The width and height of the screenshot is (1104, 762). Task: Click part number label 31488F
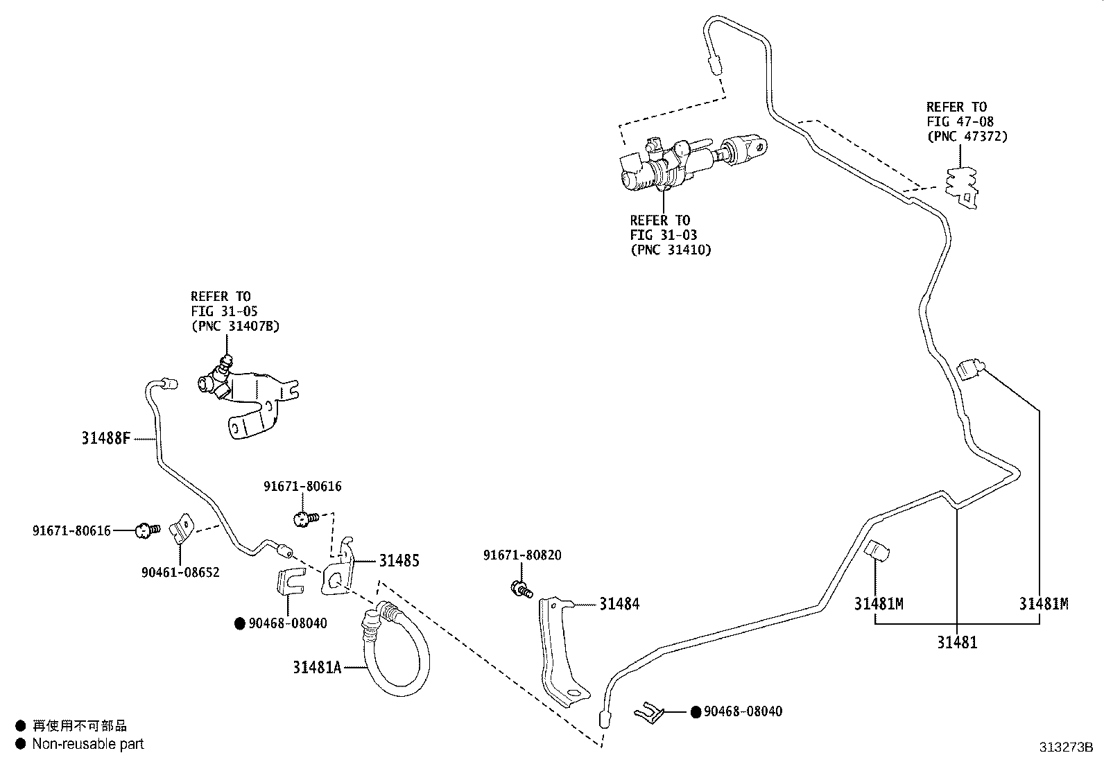pos(106,438)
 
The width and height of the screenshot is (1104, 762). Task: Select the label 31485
pos(399,561)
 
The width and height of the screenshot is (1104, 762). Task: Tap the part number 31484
pos(619,604)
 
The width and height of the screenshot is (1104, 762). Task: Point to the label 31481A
pos(317,667)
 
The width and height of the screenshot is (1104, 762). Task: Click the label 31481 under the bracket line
pos(957,643)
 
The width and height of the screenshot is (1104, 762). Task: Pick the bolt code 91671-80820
pos(522,555)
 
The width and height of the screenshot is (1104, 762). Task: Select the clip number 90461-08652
pos(180,573)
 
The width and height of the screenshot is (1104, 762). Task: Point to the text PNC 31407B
pos(235,326)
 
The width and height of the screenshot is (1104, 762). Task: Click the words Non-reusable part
pos(88,744)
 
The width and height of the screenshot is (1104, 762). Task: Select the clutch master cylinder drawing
pos(687,162)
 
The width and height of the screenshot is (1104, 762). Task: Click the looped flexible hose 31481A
pos(395,652)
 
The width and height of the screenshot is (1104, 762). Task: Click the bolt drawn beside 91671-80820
pos(520,590)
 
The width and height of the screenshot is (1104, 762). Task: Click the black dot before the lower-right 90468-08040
pos(696,712)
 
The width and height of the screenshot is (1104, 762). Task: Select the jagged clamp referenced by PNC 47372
pos(963,186)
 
